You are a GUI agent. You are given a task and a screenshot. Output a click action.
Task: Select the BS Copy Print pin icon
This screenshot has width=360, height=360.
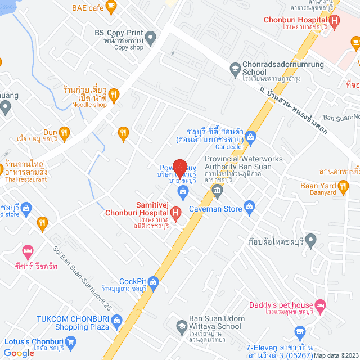(150, 39)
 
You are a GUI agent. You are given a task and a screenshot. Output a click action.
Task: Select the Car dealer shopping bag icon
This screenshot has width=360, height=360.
(251, 136)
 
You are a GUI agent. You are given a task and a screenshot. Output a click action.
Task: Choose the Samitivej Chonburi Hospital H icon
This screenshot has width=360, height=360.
(176, 213)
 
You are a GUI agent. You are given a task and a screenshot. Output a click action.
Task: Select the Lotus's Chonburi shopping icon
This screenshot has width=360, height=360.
(71, 341)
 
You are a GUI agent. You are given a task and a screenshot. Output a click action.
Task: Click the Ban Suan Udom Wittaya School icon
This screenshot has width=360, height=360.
(182, 326)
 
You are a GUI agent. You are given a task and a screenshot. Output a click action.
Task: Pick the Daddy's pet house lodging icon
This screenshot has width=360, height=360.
(320, 305)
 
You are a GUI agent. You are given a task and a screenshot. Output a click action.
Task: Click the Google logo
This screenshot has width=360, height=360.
(19, 353)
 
